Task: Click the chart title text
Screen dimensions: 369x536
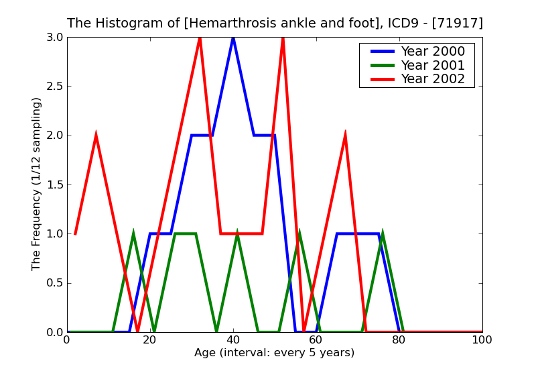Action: (275, 23)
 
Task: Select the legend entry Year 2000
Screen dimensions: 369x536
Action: (432, 52)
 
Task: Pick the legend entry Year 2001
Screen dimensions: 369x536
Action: (432, 65)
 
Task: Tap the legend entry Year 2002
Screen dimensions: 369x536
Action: (432, 79)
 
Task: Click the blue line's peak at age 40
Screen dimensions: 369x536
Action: (233, 38)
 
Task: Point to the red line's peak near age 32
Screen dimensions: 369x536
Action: (200, 38)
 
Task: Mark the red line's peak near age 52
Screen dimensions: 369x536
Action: (283, 38)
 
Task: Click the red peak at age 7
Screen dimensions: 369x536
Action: (96, 136)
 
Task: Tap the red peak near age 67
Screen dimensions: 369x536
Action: (345, 136)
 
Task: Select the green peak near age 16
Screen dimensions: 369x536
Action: (133, 233)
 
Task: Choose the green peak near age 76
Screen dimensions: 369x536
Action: (383, 233)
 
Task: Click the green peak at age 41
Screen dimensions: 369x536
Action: (237, 233)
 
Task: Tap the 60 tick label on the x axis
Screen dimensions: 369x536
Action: (316, 340)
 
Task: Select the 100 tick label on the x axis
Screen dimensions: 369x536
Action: (482, 340)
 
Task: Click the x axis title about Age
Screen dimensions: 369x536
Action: (275, 353)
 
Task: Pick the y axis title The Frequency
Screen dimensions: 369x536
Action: (37, 184)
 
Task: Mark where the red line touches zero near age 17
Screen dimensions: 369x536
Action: (137, 331)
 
